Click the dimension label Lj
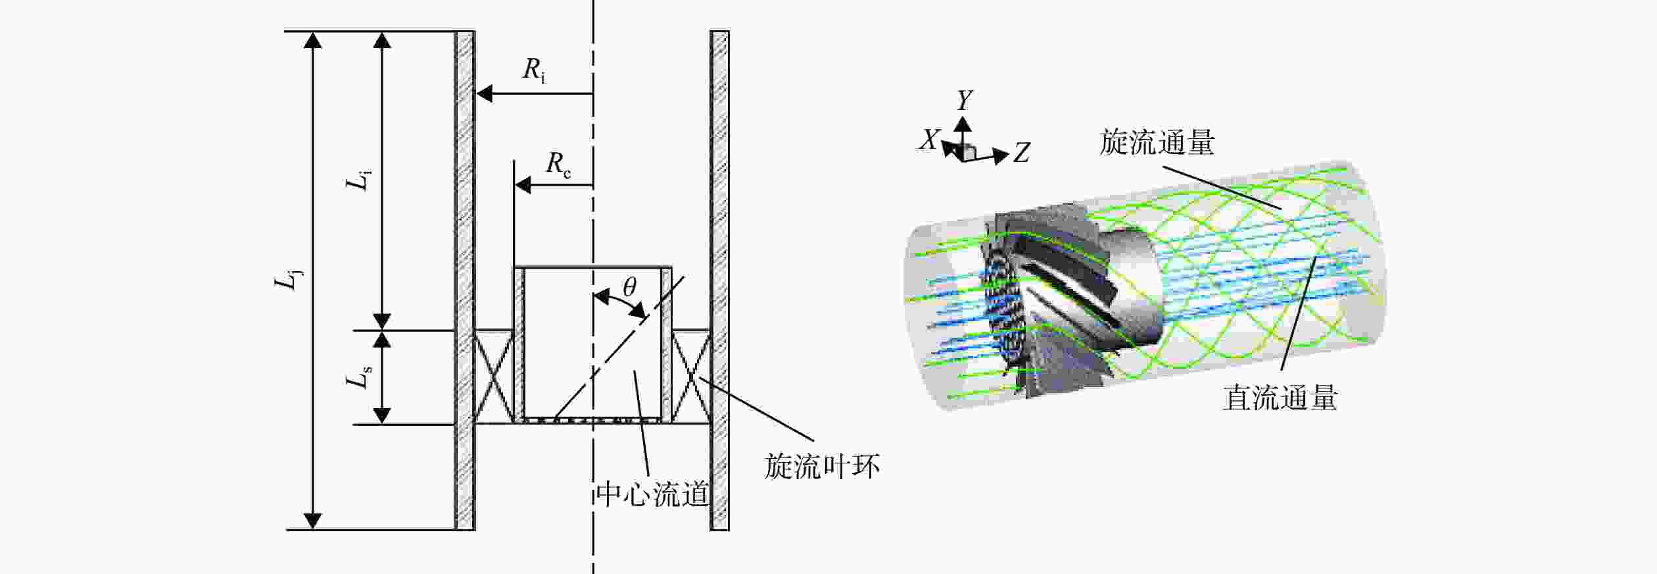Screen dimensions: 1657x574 [x=288, y=280]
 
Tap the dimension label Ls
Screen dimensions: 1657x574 [x=359, y=378]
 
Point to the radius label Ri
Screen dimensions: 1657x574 [x=534, y=70]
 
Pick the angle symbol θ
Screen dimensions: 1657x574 [x=630, y=286]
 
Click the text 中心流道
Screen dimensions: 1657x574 [x=652, y=494]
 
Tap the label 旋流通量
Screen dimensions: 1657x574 [x=1157, y=142]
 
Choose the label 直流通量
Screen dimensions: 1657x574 [x=1280, y=398]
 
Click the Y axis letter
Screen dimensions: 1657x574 [x=965, y=100]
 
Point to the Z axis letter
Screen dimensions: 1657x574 [x=1021, y=153]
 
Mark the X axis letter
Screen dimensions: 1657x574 [x=929, y=140]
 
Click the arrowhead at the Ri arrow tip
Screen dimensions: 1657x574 [x=484, y=94]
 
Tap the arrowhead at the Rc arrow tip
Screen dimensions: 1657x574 [x=523, y=186]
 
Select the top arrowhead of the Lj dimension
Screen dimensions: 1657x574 [x=313, y=39]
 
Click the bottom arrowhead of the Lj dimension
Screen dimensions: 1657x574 [x=313, y=521]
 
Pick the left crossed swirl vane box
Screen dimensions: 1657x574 [x=494, y=377]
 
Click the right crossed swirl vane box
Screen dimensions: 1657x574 [x=691, y=377]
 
